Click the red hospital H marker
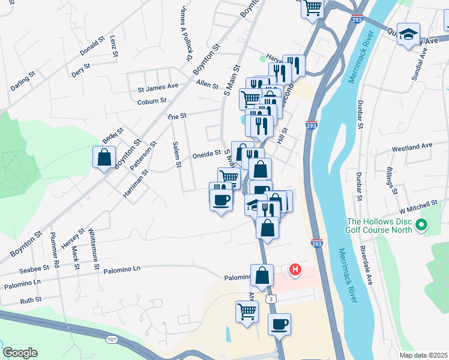click(295, 271)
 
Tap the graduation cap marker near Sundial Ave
click(409, 35)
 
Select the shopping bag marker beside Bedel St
click(104, 158)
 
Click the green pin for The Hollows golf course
click(421, 226)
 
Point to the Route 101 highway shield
click(112, 339)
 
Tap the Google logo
click(20, 353)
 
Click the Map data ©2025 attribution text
click(423, 355)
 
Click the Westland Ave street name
click(412, 146)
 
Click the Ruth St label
click(31, 299)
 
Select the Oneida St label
click(206, 154)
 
